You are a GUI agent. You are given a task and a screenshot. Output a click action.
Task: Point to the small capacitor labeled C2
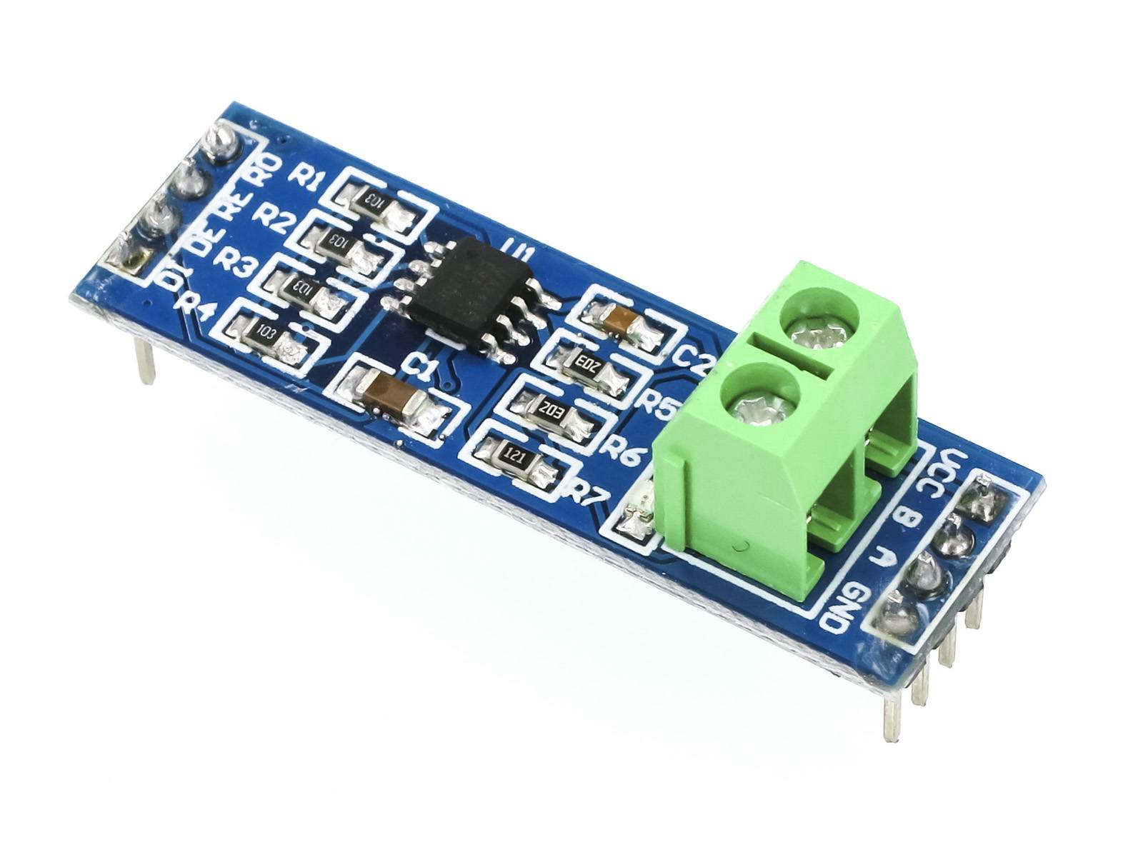coord(619,319)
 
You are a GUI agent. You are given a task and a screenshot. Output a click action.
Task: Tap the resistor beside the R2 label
coord(334,242)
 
